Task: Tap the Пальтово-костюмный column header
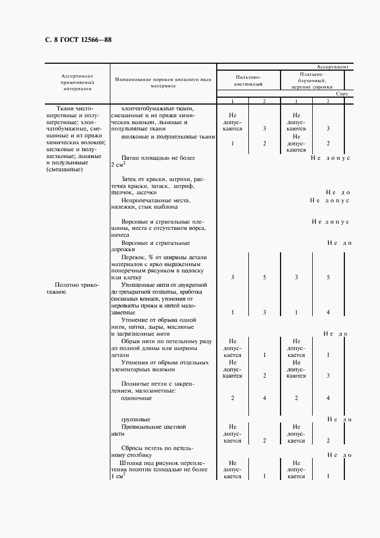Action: tap(248, 80)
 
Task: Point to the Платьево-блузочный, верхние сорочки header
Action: tap(312, 80)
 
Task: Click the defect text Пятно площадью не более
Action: tap(159, 157)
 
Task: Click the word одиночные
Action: tap(137, 397)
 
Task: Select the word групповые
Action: tap(136, 419)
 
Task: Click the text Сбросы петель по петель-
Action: tap(158, 448)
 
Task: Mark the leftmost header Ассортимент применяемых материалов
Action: tap(77, 82)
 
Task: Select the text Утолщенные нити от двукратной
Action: tap(164, 285)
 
